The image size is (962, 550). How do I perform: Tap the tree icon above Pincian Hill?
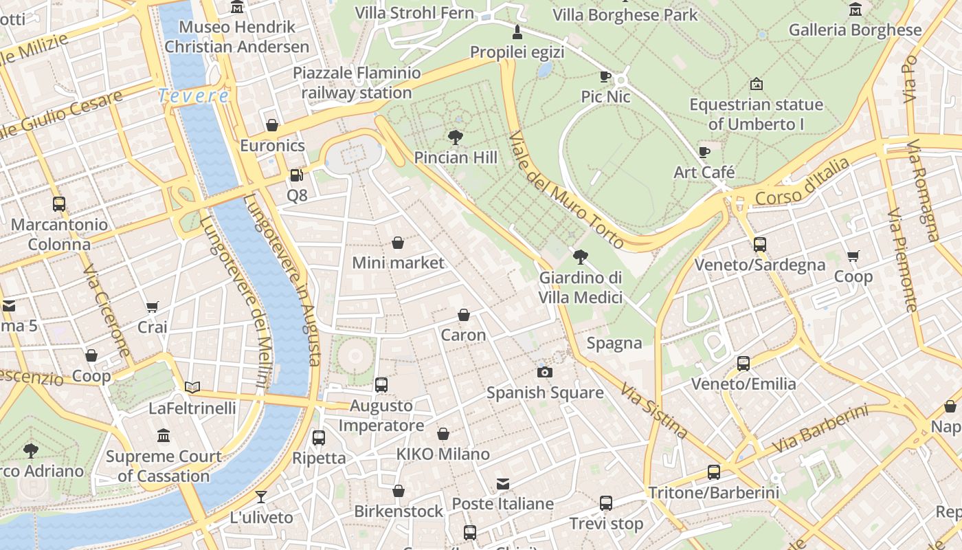pyautogui.click(x=455, y=137)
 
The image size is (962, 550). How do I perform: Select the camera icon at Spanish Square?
pyautogui.click(x=544, y=372)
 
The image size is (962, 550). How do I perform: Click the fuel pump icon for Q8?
pyautogui.click(x=296, y=175)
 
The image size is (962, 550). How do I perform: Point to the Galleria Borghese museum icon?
pyautogui.click(x=855, y=10)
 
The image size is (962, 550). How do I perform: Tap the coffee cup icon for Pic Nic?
pyautogui.click(x=605, y=76)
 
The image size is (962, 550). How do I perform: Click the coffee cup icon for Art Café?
pyautogui.click(x=704, y=152)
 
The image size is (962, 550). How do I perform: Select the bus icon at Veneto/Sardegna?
pyautogui.click(x=759, y=244)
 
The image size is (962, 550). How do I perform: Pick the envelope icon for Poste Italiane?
pyautogui.click(x=503, y=484)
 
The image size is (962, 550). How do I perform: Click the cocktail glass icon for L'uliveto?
pyautogui.click(x=261, y=497)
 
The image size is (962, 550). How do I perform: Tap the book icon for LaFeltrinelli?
pyautogui.click(x=192, y=388)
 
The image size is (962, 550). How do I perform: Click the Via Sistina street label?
pyautogui.click(x=653, y=411)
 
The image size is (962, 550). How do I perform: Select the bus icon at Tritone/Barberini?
pyautogui.click(x=714, y=472)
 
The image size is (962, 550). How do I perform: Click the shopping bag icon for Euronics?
pyautogui.click(x=272, y=125)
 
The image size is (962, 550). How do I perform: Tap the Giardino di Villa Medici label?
pyautogui.click(x=581, y=287)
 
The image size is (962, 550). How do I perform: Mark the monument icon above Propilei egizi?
pyautogui.click(x=517, y=32)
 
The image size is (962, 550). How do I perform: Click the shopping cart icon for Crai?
pyautogui.click(x=152, y=307)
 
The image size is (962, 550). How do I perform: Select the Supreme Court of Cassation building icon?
pyautogui.click(x=164, y=435)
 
